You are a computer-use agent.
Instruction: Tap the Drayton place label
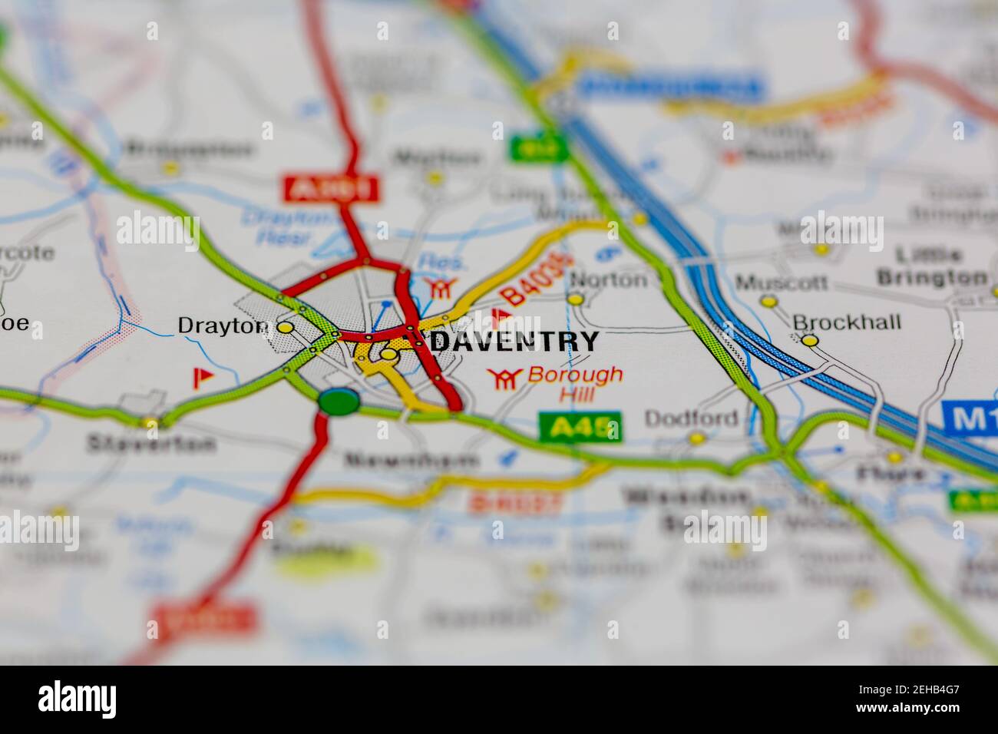click(223, 326)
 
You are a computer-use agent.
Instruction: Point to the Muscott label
click(782, 283)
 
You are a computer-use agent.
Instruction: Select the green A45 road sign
click(580, 428)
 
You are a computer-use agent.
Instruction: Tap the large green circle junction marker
click(339, 401)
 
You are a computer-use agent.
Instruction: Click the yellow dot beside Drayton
click(286, 327)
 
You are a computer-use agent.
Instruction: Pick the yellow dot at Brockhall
click(810, 339)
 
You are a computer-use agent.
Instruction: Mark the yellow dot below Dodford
click(696, 439)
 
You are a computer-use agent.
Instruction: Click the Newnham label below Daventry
click(411, 461)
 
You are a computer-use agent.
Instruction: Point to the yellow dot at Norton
click(575, 299)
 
